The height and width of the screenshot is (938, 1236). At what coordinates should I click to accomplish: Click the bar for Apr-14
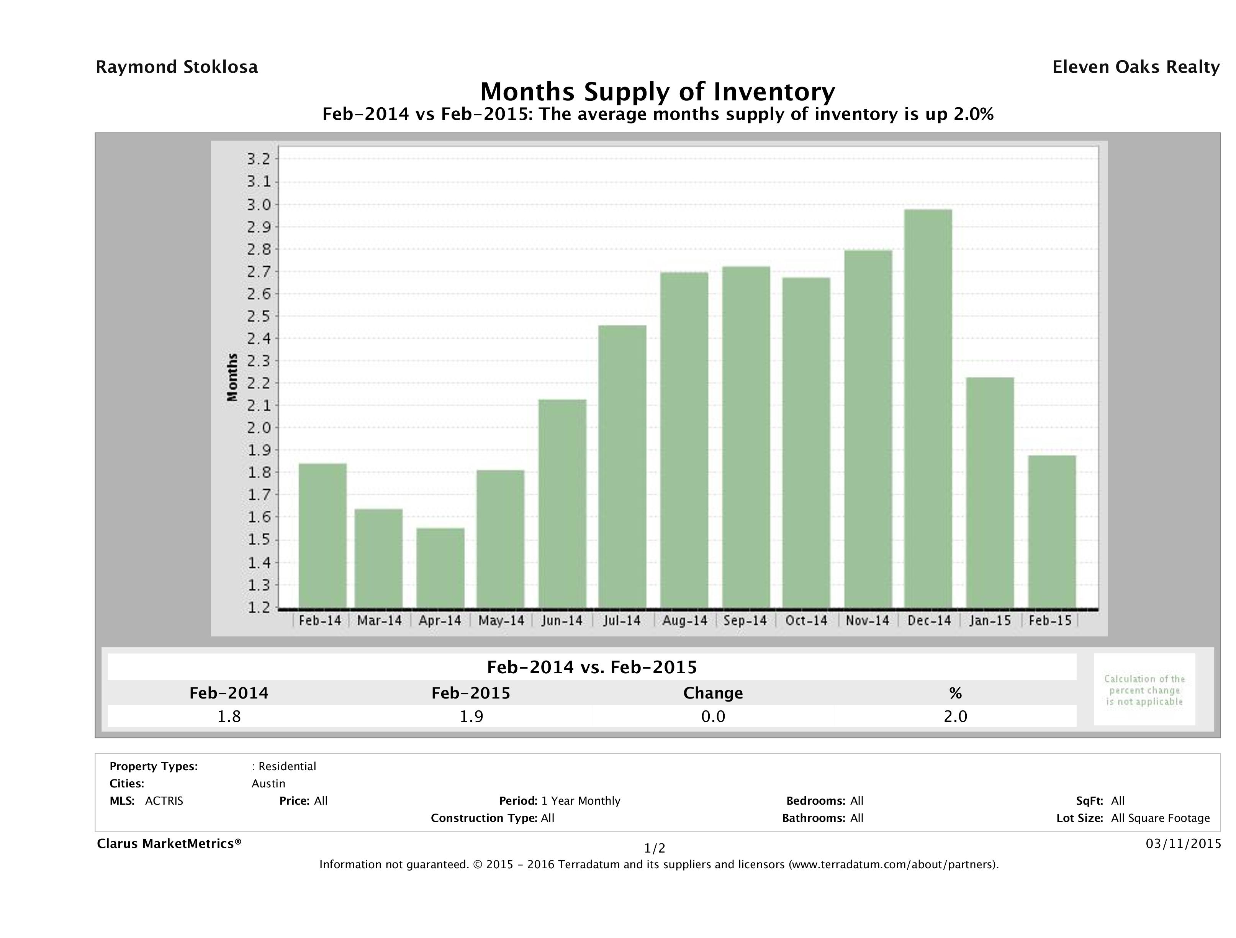pyautogui.click(x=440, y=567)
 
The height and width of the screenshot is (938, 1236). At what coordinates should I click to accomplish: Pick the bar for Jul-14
pyautogui.click(x=622, y=466)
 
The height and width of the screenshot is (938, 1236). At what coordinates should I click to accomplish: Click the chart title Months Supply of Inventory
pyautogui.click(x=658, y=92)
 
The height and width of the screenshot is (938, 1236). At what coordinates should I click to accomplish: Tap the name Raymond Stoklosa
pyautogui.click(x=177, y=67)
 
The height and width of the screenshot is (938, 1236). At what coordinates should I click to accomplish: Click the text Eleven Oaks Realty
pyautogui.click(x=1135, y=67)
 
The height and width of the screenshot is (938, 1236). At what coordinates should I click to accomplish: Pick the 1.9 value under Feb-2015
pyautogui.click(x=471, y=717)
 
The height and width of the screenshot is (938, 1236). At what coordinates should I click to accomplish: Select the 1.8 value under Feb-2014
pyautogui.click(x=229, y=717)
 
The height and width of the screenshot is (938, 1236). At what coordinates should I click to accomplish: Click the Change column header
pyautogui.click(x=713, y=693)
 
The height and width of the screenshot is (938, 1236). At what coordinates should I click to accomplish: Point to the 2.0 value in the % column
pyautogui.click(x=955, y=717)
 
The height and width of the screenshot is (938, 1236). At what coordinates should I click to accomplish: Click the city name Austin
pyautogui.click(x=268, y=784)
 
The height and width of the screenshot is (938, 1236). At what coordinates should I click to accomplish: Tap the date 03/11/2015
pyautogui.click(x=1183, y=843)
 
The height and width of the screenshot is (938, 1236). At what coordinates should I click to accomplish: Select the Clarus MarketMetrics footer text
pyautogui.click(x=169, y=843)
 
